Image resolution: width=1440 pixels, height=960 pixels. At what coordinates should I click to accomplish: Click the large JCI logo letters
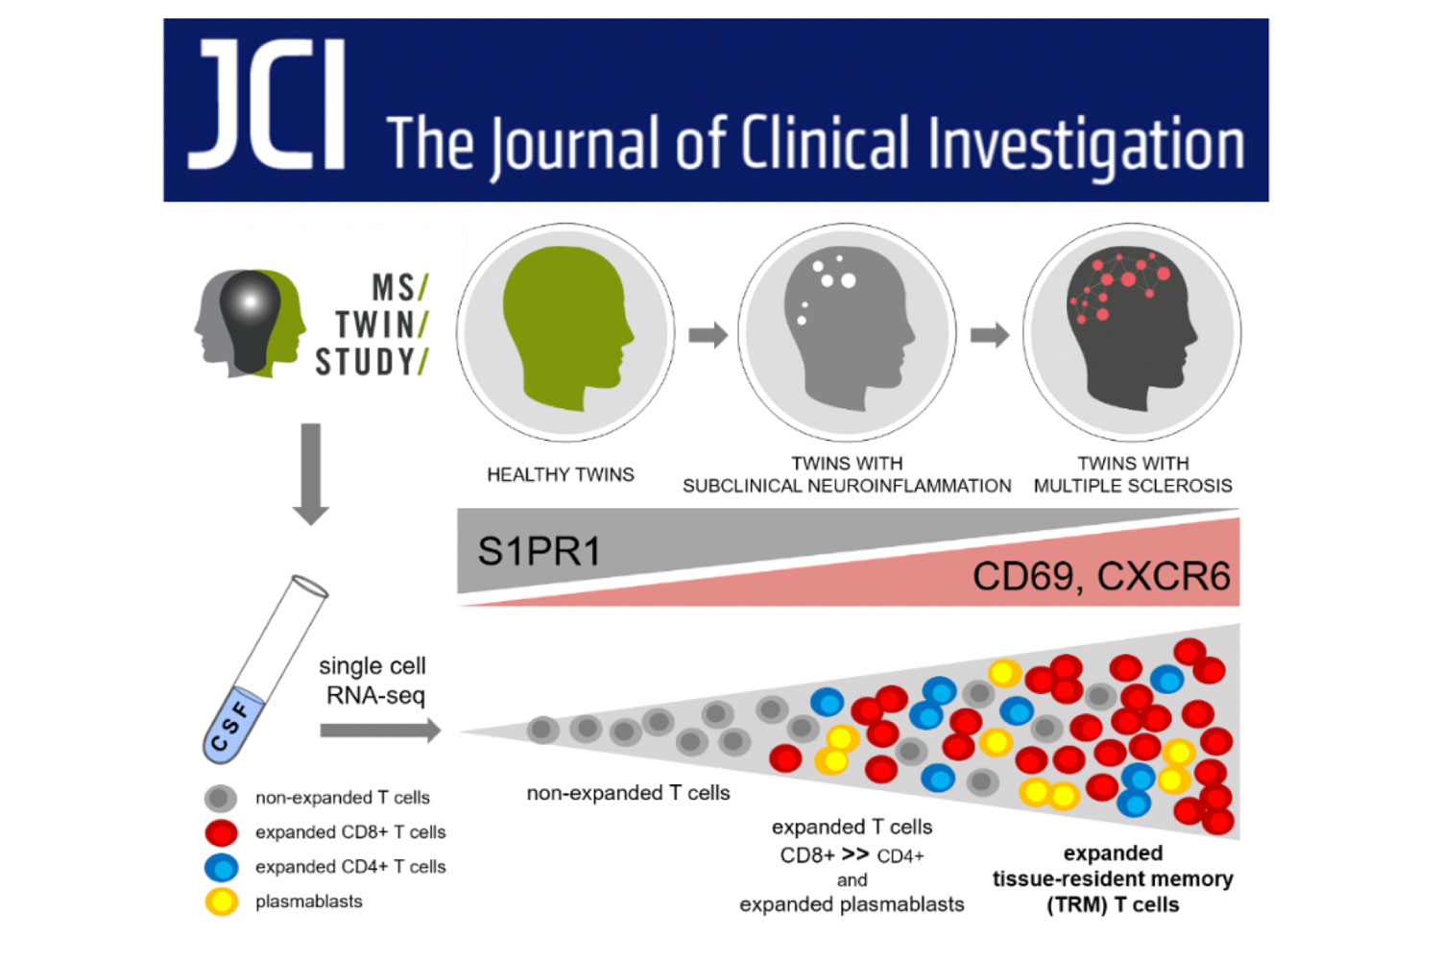(266, 105)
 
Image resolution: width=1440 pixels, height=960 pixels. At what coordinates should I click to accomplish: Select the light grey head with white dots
(849, 328)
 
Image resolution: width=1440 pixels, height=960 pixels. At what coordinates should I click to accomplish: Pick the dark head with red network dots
(1132, 328)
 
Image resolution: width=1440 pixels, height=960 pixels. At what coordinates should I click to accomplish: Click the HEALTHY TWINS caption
(561, 474)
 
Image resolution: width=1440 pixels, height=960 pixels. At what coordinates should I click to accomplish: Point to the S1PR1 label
(539, 551)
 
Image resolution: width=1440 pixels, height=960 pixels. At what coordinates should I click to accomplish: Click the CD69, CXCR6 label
(1101, 575)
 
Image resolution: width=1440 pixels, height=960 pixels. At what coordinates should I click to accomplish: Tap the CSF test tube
(265, 670)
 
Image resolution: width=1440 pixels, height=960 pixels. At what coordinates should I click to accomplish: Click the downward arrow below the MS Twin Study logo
(311, 474)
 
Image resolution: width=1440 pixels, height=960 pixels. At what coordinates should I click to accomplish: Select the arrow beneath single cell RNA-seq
(380, 731)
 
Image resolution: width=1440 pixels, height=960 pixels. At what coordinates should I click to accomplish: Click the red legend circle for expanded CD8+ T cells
(221, 832)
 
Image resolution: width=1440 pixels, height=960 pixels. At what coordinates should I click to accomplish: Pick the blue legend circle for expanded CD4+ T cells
(221, 867)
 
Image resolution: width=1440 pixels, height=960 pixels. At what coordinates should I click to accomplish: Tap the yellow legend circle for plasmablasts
(221, 901)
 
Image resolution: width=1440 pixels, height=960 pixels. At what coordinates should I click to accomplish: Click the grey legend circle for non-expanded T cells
(221, 798)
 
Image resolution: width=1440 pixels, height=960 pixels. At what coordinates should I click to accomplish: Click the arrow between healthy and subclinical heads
(708, 334)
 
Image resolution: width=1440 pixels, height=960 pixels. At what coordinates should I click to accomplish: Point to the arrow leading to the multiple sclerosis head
(990, 334)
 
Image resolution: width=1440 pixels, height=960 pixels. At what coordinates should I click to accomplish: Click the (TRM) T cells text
(1113, 905)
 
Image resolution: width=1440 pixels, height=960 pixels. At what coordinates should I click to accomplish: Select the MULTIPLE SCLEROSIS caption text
(1133, 486)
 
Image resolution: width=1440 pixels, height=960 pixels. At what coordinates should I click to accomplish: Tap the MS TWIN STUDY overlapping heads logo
(250, 324)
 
